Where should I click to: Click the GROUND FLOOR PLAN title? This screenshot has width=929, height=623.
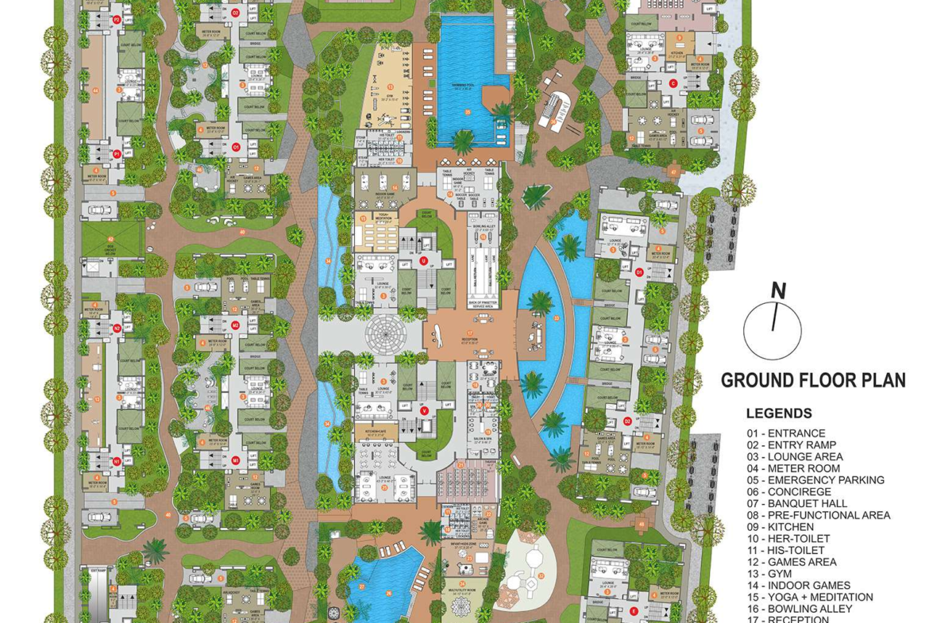813,381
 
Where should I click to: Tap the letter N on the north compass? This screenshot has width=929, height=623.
779,292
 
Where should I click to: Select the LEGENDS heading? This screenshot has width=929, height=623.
779,413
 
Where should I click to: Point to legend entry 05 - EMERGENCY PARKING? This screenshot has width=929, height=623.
815,480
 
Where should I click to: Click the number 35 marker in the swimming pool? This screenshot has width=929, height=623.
468,112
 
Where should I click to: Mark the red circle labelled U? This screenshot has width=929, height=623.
424,260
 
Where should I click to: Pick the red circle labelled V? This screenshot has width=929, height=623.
425,410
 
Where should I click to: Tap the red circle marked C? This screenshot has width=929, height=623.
673,83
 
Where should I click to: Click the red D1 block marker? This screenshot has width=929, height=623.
639,272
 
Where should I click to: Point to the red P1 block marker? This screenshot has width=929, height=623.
117,153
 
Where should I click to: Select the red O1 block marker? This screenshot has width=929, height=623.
235,147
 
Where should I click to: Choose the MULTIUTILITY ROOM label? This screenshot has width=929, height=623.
461,590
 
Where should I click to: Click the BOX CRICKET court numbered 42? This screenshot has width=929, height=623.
110,245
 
